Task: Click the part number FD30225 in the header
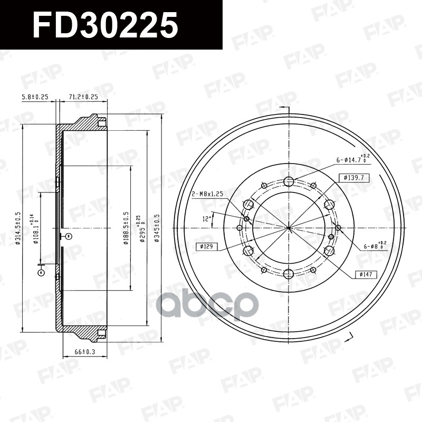tap(105, 25)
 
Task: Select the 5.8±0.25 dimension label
tap(35, 97)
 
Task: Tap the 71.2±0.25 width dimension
tap(84, 97)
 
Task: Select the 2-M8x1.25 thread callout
tap(207, 194)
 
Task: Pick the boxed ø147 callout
tap(365, 274)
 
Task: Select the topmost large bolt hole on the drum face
tap(288, 182)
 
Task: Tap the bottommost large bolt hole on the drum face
tap(288, 273)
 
